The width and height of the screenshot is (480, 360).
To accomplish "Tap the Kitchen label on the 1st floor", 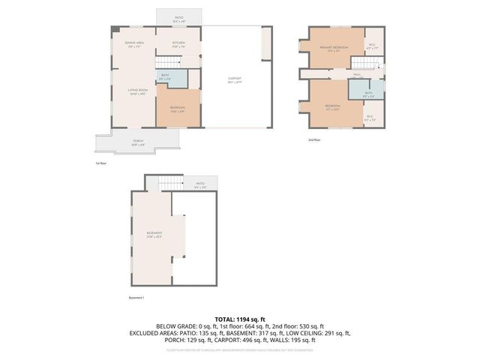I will [x=178, y=44].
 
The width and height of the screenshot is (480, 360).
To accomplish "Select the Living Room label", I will [x=136, y=91].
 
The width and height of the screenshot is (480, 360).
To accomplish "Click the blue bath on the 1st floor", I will [x=166, y=76].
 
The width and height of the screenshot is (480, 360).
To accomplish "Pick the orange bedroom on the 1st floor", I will [x=178, y=109].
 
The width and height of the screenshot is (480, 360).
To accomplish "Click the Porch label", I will [x=138, y=142].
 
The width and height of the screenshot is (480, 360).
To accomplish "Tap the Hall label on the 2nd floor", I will [x=358, y=74].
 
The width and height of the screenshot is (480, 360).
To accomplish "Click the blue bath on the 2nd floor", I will [x=367, y=94].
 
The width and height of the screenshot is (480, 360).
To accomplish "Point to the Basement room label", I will [x=154, y=235].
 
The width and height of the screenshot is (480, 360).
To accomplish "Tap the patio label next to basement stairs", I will [x=200, y=184].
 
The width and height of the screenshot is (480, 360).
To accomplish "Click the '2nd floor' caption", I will [x=313, y=139].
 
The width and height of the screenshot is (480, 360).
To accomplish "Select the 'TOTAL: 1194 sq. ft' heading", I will [x=239, y=319].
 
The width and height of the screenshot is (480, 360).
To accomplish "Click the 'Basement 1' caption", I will [x=136, y=298].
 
